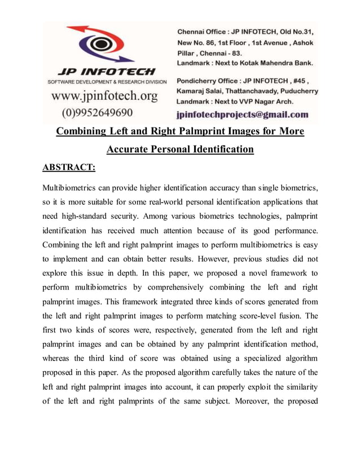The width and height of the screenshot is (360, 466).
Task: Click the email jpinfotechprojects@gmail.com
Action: pyautogui.click(x=243, y=114)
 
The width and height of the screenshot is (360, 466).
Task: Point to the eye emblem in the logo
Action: pyautogui.click(x=103, y=45)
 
